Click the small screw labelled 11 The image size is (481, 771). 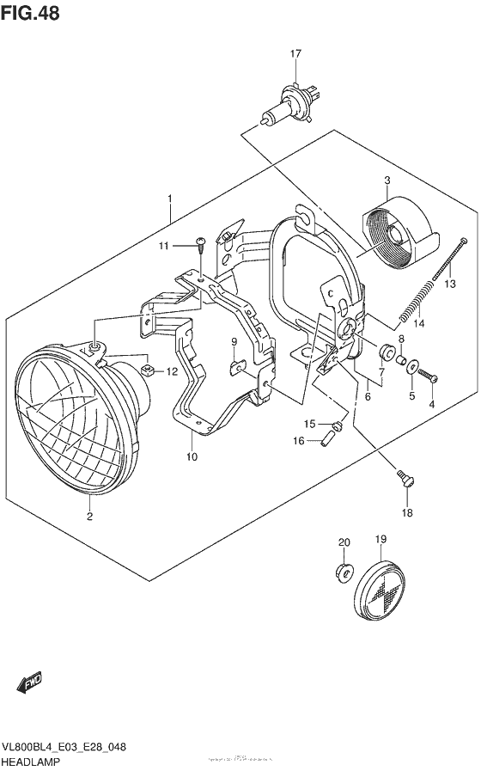(x=199, y=245)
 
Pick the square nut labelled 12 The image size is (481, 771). (x=147, y=370)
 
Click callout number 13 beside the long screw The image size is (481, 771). (x=449, y=284)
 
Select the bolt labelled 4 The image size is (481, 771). (x=430, y=376)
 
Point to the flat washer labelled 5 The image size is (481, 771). (x=413, y=367)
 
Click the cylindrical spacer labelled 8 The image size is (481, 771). (x=387, y=351)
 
